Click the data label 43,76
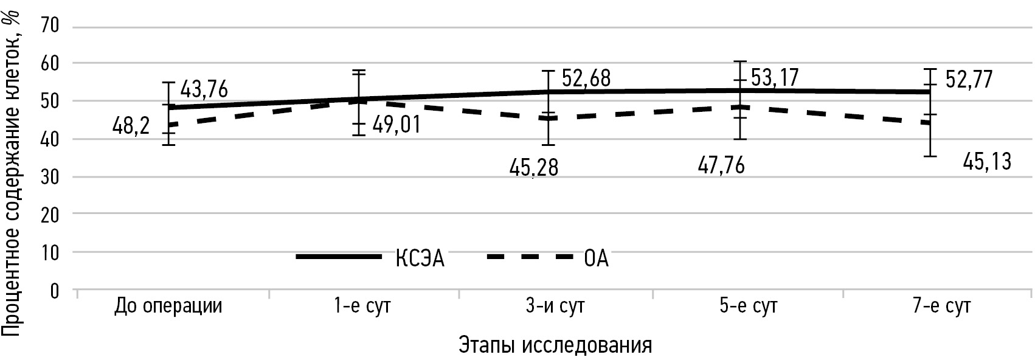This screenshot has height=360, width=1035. (x=204, y=91)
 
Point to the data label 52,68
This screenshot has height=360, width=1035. (x=586, y=79)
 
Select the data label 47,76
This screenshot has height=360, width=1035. (x=721, y=166)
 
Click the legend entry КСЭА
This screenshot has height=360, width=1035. (x=420, y=258)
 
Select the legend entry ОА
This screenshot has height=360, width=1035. (x=596, y=258)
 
